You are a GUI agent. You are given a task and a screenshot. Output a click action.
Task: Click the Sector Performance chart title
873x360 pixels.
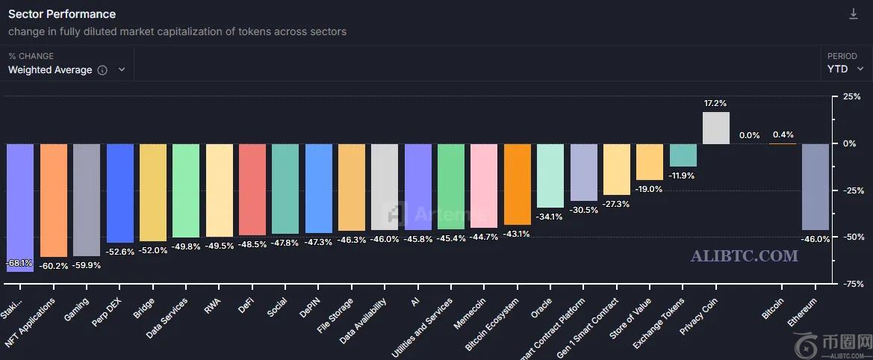coord(62,14)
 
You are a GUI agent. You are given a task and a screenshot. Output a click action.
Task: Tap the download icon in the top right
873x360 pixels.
coord(854,14)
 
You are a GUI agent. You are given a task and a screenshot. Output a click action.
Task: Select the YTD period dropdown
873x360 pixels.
coord(845,69)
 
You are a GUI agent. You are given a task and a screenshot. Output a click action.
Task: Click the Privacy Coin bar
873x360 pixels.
coord(716,128)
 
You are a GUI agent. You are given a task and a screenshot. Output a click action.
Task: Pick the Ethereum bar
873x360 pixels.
coord(815,187)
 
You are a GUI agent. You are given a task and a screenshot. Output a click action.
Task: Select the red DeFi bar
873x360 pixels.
coord(252,189)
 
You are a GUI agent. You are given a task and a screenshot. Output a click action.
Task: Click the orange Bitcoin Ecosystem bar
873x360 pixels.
coord(518,184)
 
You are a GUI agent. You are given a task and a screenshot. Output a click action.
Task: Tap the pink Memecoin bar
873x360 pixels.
coord(484,185)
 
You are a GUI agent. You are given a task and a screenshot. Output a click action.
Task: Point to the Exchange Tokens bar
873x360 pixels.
coord(683,155)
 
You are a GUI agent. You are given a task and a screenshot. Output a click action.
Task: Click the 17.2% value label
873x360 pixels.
coord(715,103)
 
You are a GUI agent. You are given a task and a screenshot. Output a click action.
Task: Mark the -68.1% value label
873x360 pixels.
coord(19,263)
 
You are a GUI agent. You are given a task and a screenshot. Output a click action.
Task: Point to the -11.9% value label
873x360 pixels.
coord(683,176)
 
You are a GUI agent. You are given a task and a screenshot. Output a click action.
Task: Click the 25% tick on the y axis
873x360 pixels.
coord(851,97)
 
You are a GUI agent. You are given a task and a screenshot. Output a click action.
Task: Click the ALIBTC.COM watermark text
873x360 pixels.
coord(744,256)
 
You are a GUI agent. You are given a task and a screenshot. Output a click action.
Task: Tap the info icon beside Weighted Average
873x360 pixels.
coord(102,70)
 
